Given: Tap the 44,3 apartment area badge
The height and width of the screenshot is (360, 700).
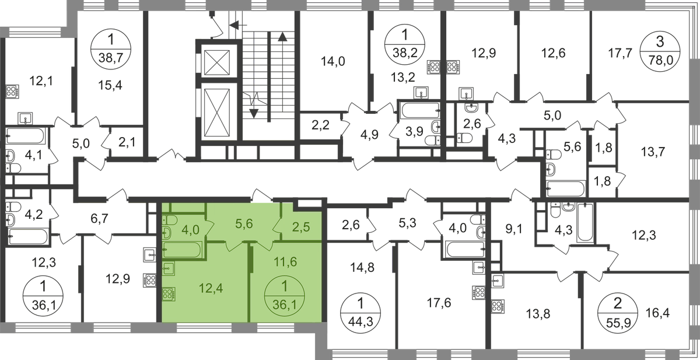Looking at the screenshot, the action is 360,313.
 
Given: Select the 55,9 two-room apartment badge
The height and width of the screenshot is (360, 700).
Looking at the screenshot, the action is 618,313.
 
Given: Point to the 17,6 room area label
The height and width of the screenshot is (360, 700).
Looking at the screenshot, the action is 439,303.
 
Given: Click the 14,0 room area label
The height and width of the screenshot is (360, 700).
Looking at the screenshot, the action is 333,61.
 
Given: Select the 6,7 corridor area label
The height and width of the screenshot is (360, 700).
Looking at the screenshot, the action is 99,218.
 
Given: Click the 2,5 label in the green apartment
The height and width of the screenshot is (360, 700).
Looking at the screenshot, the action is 302,227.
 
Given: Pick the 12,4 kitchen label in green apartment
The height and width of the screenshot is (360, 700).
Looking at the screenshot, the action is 211,288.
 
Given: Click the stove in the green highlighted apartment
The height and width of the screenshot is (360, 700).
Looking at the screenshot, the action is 169,294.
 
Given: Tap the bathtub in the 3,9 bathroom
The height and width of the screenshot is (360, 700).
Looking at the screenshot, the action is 421,111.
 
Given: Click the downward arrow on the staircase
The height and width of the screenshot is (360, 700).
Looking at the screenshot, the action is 255,104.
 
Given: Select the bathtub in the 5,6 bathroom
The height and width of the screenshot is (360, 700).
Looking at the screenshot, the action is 566,189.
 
